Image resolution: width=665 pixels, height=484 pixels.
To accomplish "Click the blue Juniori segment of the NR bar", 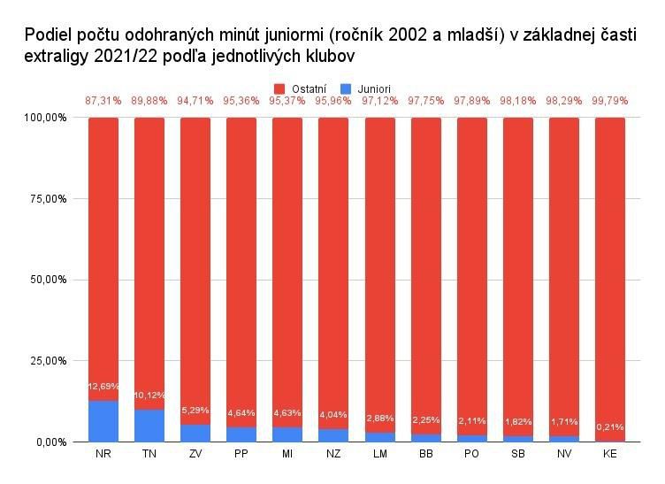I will coord(103,421).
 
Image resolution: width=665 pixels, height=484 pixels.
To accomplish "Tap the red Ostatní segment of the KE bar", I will coord(609,279).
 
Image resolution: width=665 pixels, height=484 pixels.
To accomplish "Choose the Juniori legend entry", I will coord(367,88).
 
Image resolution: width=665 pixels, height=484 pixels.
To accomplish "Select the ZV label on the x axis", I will coord(195,454).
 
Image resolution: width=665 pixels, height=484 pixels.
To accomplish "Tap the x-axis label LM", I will coord(379,454).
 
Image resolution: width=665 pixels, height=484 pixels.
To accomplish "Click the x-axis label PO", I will coord(471,454).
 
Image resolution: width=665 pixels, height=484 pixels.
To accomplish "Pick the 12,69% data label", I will coord(103,386).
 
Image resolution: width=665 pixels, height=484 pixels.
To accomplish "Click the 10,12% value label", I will coord(149,395).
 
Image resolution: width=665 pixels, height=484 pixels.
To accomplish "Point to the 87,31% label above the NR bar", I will coord(103,101).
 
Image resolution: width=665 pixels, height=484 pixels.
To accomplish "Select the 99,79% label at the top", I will coord(609,101).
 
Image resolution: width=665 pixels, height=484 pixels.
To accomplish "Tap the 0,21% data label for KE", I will coord(609,426).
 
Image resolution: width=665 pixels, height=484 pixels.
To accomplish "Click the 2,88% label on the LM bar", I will coord(379,418).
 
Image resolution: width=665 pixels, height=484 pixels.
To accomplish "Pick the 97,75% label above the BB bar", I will coord(425,101).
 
